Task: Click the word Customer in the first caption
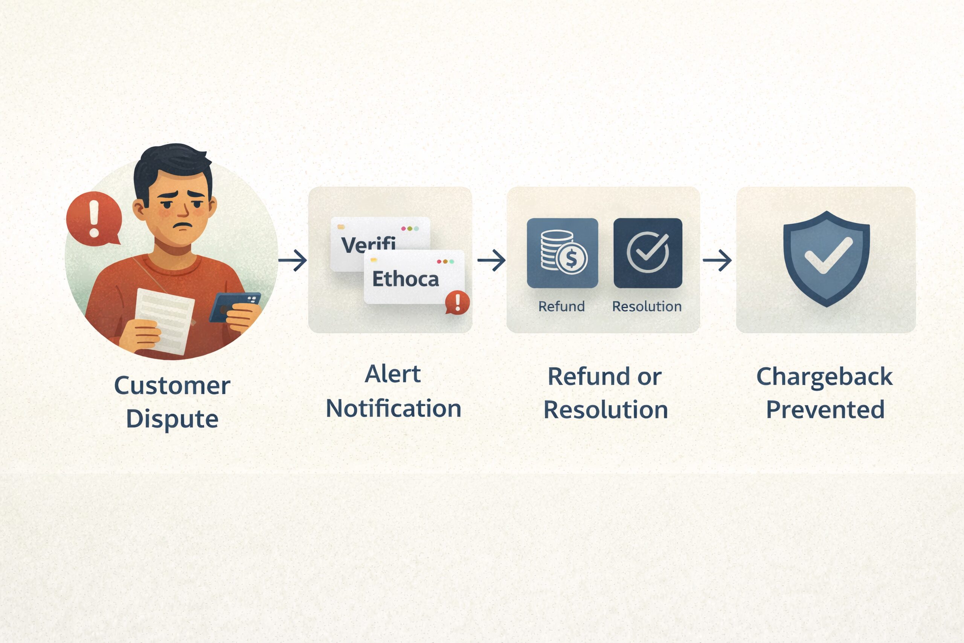point(172,386)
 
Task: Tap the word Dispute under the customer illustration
point(172,419)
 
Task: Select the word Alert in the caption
point(393,374)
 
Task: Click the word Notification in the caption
point(394,408)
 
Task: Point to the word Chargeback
point(825,377)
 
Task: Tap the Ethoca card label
point(405,279)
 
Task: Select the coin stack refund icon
point(562,253)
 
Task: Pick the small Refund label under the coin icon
point(561,306)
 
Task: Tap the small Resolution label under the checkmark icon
point(647,306)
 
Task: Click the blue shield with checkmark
point(826,259)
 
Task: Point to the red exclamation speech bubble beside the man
point(94,219)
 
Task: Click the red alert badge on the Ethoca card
point(458,302)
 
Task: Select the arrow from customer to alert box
point(293,260)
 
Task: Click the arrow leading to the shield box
point(717,260)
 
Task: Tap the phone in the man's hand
point(235,307)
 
